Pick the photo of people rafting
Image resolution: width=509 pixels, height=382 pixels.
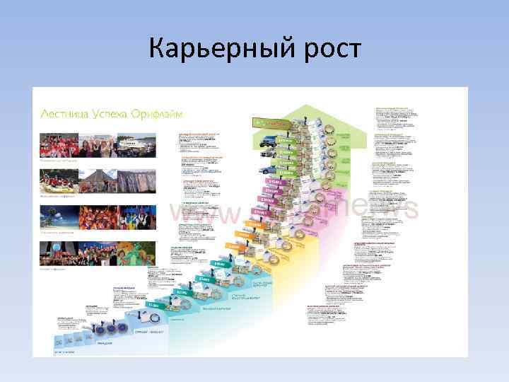pyautogui.click(x=58, y=181)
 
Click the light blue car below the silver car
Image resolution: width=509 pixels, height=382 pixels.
pyautogui.click(x=266, y=170)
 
